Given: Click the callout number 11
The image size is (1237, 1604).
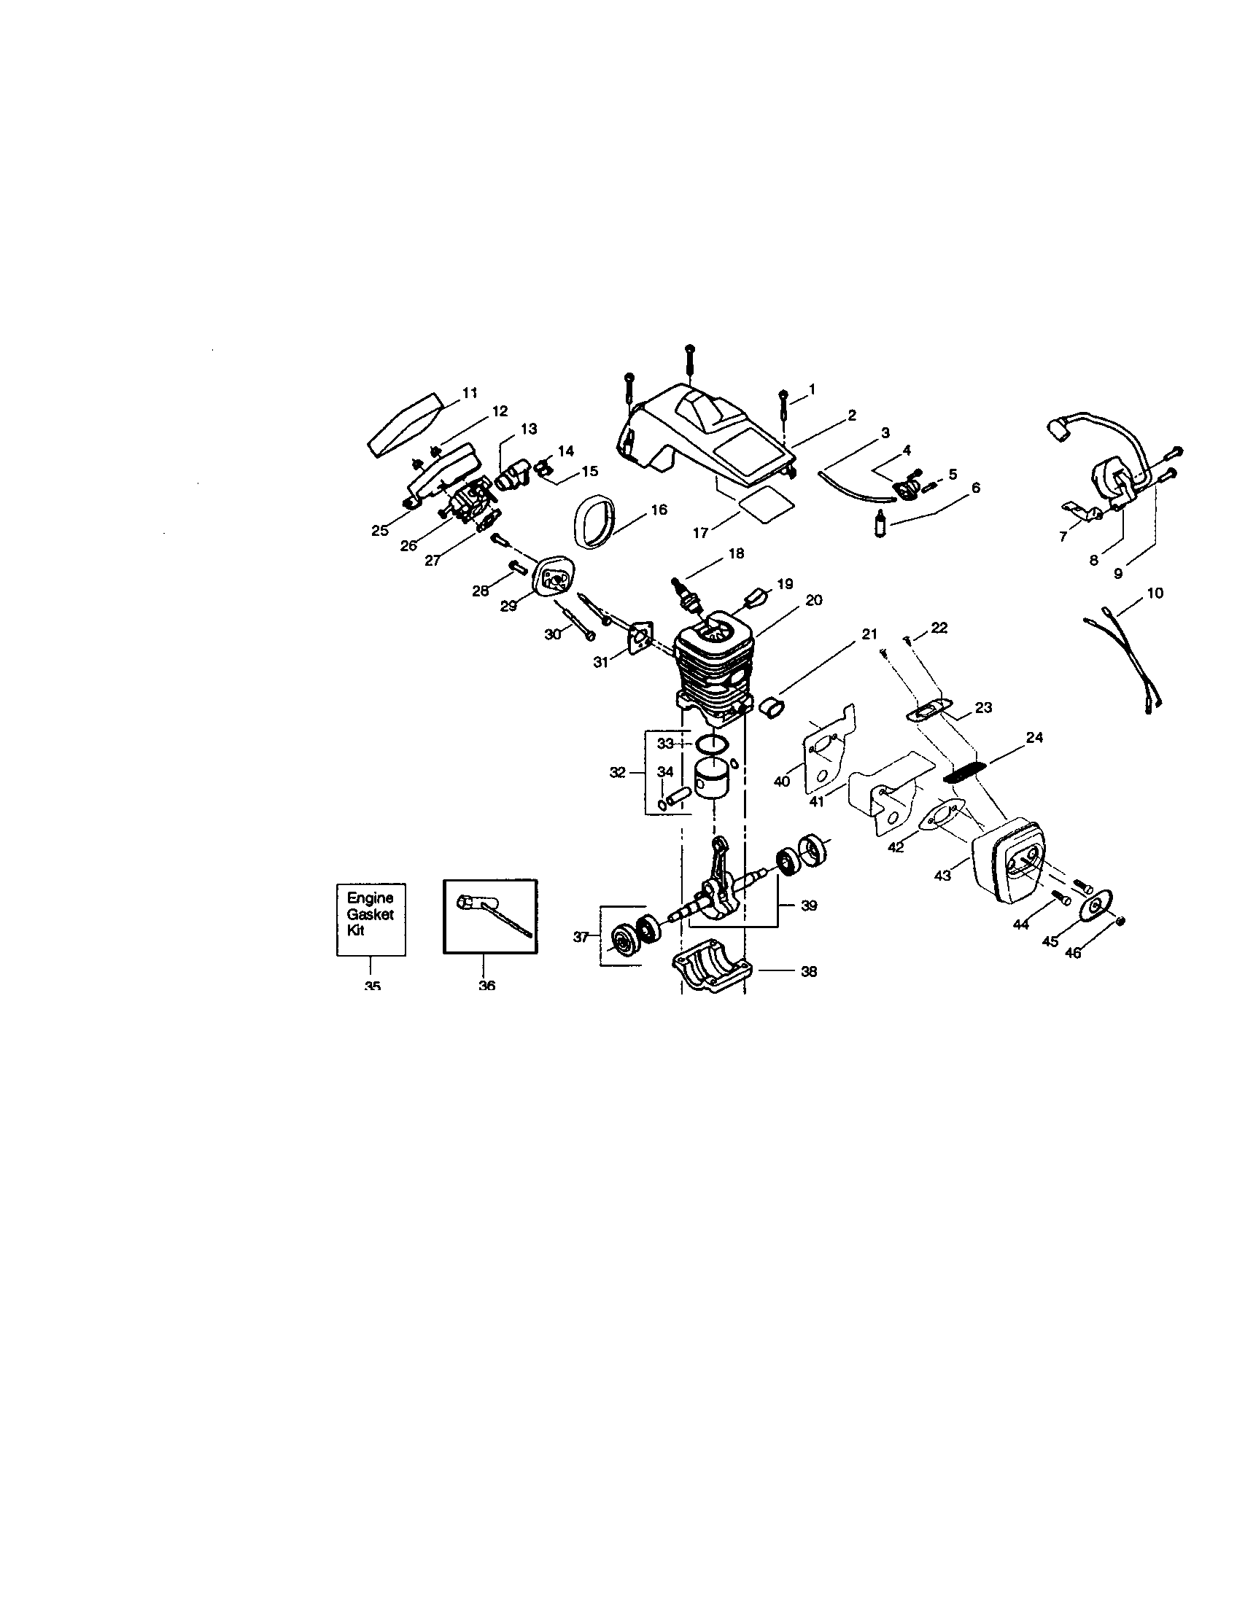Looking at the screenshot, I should tap(470, 393).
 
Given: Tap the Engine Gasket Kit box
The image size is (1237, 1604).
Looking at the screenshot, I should tap(371, 919).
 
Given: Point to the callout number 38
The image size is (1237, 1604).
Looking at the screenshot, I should tap(808, 972).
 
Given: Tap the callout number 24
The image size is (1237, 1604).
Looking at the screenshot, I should tap(1034, 737).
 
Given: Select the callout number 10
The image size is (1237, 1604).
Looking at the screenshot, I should tap(1155, 593).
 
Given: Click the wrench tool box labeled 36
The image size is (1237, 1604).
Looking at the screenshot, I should tap(490, 916).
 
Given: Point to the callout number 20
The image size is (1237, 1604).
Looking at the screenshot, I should tap(813, 600).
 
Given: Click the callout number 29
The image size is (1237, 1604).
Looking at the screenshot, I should tap(508, 607).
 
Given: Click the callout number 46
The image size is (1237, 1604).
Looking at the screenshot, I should tap(1073, 954).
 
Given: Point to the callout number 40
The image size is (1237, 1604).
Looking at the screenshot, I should tap(782, 781).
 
